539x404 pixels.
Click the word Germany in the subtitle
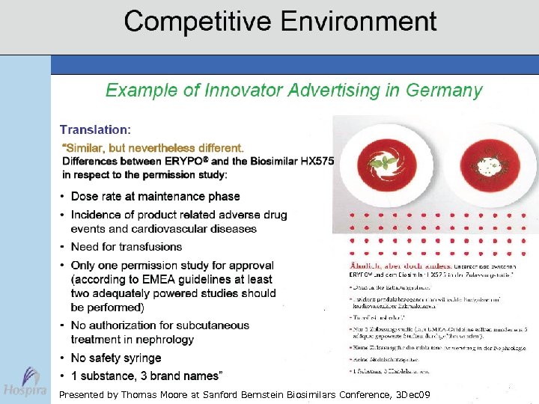pyautogui.click(x=445, y=91)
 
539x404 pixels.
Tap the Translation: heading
pyautogui.click(x=95, y=129)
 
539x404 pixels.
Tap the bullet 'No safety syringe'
pyautogui.click(x=115, y=358)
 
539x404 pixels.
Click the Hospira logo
pyautogui.click(x=24, y=382)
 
